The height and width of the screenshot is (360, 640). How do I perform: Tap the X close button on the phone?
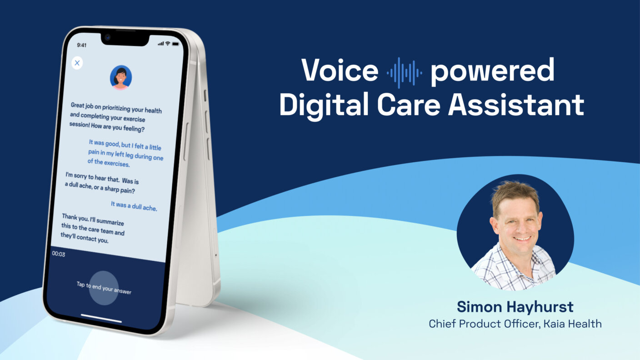pyautogui.click(x=77, y=63)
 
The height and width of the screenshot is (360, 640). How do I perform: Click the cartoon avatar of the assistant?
pyautogui.click(x=121, y=77)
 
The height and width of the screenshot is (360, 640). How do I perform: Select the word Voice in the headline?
pyautogui.click(x=340, y=72)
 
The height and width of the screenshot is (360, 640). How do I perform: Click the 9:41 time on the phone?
pyautogui.click(x=82, y=45)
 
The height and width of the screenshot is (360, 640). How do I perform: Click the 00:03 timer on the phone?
pyautogui.click(x=58, y=254)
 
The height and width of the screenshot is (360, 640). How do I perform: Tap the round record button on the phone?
pyautogui.click(x=104, y=288)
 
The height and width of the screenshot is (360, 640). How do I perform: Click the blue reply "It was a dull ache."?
pyautogui.click(x=134, y=206)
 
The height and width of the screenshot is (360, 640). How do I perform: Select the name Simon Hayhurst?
pyautogui.click(x=515, y=307)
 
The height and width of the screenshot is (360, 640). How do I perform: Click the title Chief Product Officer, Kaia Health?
pyautogui.click(x=515, y=324)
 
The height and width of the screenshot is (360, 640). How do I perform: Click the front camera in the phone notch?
pyautogui.click(x=107, y=37)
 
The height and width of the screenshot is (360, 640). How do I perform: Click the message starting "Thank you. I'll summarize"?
pyautogui.click(x=93, y=228)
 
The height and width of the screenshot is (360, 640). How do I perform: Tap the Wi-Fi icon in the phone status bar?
pyautogui.click(x=168, y=44)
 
